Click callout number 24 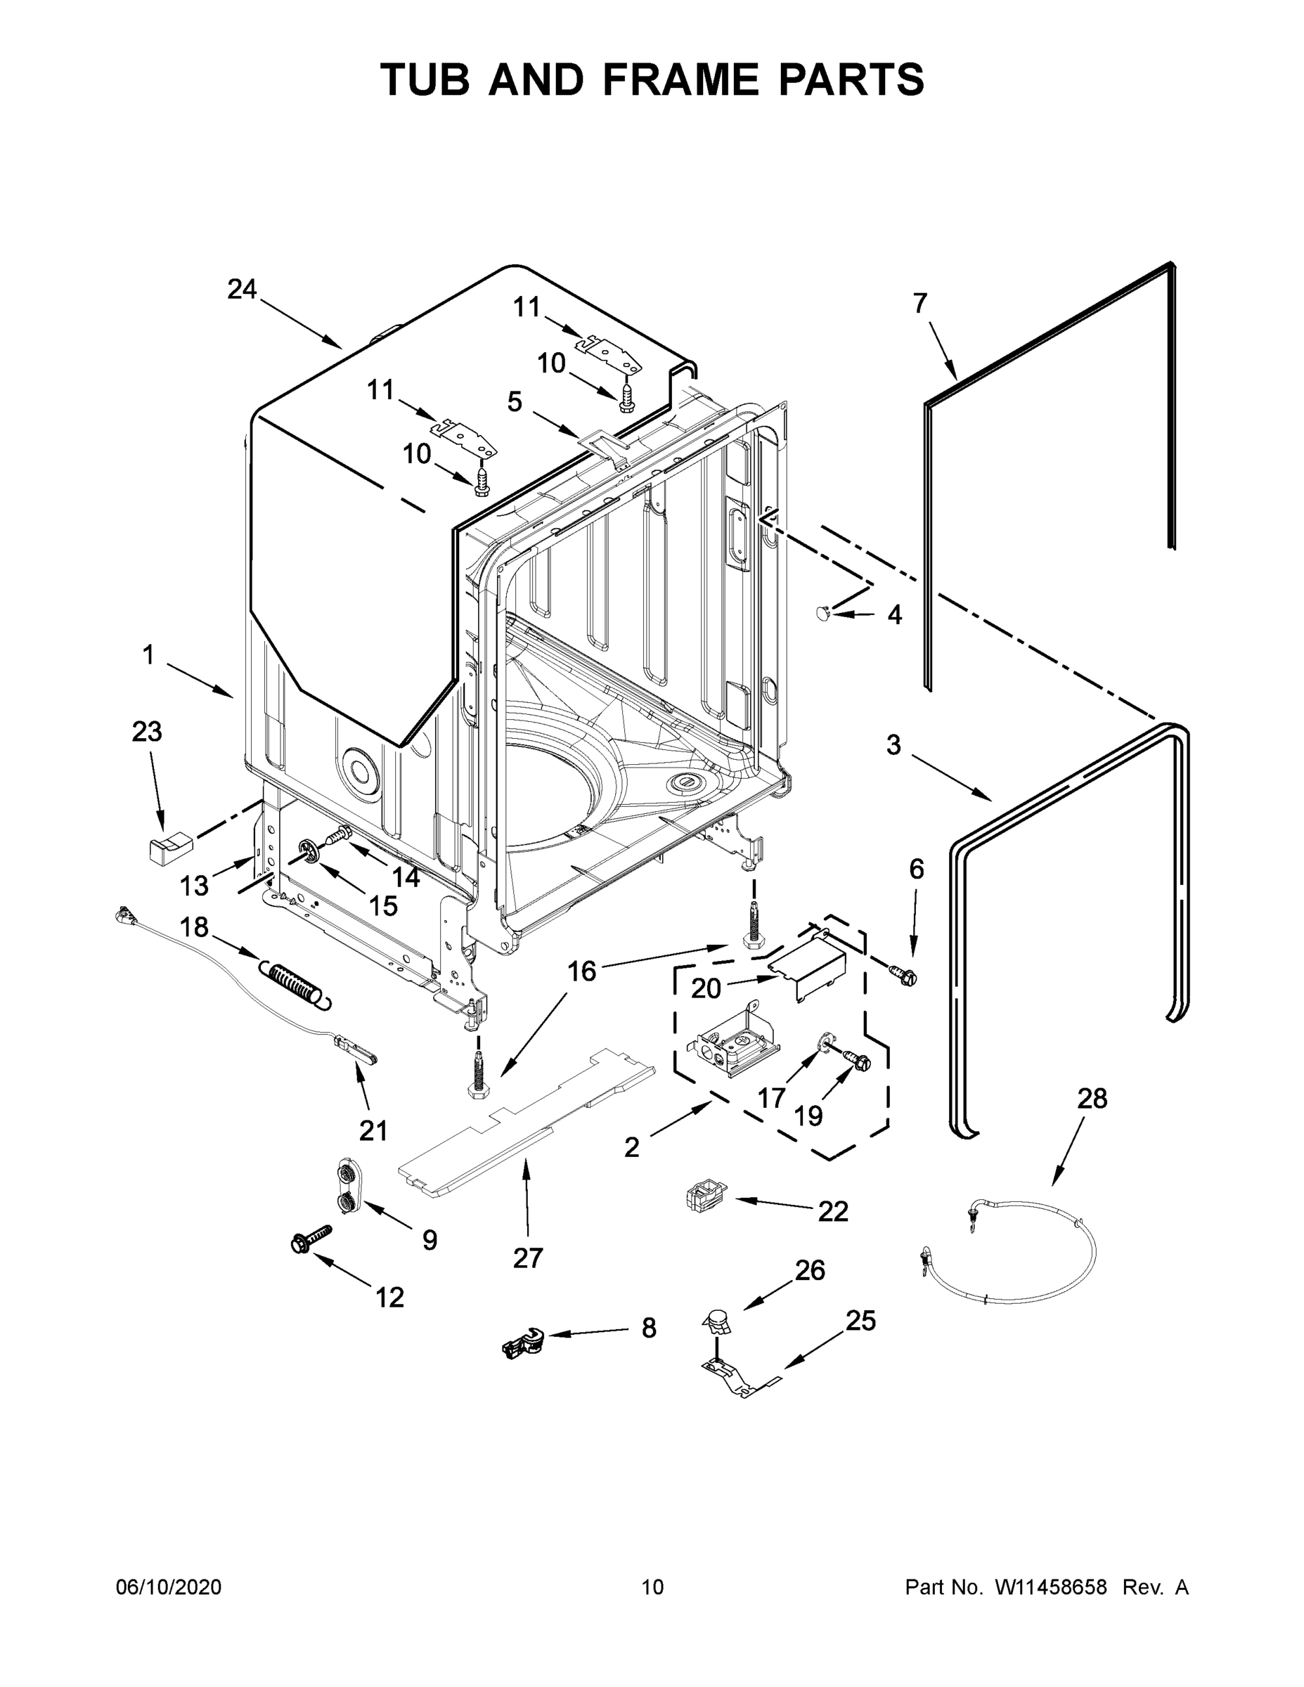coord(242,290)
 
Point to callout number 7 coord(919,304)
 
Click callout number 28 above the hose coord(1092,1099)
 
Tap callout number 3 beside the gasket coord(893,745)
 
